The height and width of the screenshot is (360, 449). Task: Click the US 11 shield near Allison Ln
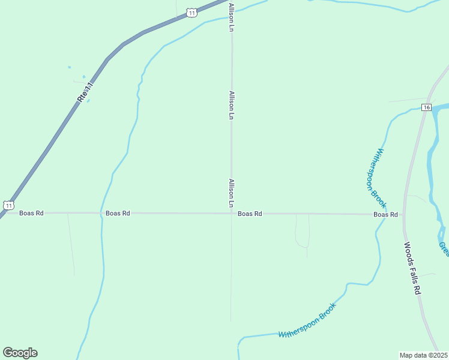191,13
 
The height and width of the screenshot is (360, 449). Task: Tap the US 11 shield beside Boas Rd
8,205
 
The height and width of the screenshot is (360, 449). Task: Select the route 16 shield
426,107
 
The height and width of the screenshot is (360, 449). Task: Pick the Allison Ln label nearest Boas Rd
231,193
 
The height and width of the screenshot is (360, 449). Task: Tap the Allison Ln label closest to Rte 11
231,17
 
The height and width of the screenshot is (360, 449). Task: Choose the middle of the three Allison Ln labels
231,105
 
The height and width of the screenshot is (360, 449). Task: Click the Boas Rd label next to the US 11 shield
31,213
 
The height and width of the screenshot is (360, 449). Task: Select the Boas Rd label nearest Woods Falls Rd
385,214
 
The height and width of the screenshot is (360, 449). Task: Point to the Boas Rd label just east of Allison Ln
250,214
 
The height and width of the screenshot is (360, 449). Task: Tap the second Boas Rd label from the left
118,213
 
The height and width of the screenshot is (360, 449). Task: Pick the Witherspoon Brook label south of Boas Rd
307,320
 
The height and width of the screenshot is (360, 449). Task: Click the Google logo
20,352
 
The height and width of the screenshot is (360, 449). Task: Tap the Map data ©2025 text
423,355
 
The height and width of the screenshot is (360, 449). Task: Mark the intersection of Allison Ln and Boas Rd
232,213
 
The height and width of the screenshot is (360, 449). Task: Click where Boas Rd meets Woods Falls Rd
403,214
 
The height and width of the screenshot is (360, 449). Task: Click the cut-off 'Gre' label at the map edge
444,248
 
